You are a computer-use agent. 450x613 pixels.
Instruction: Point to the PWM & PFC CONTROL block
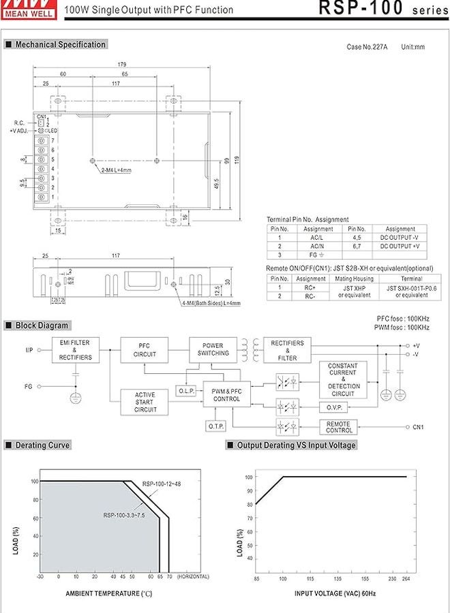coord(226,395)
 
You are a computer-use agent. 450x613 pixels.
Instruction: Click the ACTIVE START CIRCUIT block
coord(145,402)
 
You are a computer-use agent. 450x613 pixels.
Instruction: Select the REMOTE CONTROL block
coord(338,427)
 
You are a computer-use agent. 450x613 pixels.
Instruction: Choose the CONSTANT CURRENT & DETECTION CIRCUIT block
coord(342,379)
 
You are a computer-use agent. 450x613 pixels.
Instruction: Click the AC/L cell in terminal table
coord(318,238)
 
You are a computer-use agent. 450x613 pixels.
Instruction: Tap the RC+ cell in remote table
coord(310,288)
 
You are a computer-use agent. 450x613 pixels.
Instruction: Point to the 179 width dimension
coord(121,65)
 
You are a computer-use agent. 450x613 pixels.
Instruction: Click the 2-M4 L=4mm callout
coord(116,170)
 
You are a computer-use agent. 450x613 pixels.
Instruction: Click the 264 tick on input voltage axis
coord(406,580)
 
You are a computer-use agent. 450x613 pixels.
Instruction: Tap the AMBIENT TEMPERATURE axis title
coord(109,594)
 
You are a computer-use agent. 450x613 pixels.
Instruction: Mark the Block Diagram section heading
coord(42,326)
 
